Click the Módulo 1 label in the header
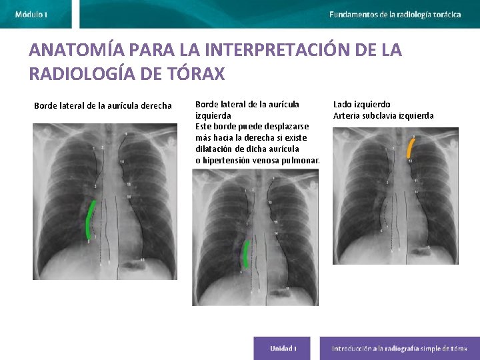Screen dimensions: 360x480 coord(31,14)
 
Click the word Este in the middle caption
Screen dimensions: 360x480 coord(202,127)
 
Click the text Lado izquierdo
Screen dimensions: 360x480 coord(361,105)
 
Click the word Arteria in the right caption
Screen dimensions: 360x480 coord(346,116)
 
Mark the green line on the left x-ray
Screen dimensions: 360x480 coord(90,220)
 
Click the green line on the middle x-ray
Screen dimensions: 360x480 coord(247,254)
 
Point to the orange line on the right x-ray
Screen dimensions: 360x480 coord(411,147)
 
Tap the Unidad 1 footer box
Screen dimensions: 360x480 coord(283,349)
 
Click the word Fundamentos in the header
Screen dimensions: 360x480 coord(353,14)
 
